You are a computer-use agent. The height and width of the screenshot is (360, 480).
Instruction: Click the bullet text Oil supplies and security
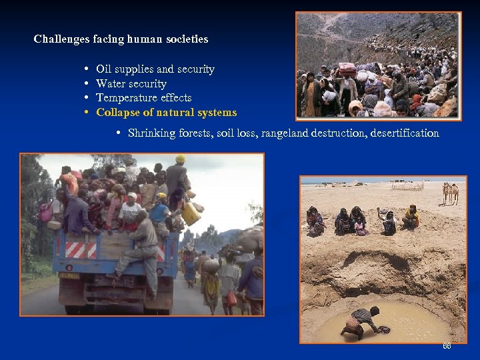pos(155,69)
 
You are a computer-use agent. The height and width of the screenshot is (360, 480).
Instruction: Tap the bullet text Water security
pos(131,84)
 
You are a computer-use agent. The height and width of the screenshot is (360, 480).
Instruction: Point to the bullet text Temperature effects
pos(143,98)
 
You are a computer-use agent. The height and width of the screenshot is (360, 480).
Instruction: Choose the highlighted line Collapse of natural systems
pos(166,113)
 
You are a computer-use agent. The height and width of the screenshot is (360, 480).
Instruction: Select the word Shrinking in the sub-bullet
pos(151,133)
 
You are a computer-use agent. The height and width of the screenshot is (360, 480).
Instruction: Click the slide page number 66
pos(447,347)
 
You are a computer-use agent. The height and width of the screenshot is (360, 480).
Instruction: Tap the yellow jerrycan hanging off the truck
pos(192,213)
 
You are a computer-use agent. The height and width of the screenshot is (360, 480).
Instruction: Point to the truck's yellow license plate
pos(69,275)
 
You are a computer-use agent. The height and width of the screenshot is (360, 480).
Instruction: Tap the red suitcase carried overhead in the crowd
pos(347,68)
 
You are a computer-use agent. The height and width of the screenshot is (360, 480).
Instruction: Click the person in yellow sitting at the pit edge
pos(411,217)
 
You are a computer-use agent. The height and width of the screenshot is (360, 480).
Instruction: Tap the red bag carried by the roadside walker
pos(232,298)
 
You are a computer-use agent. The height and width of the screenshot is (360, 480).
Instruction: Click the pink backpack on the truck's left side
pos(45,211)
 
